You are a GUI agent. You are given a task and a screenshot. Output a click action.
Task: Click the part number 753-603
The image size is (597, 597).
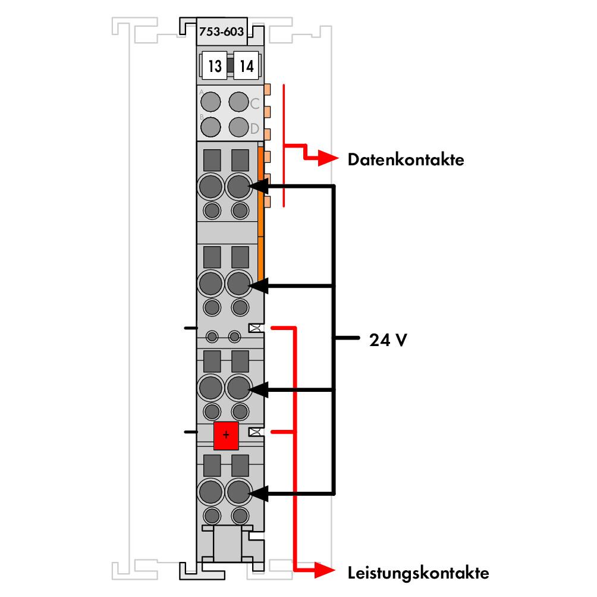click(x=221, y=32)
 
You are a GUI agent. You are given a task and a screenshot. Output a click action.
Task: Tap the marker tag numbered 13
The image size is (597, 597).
click(x=214, y=65)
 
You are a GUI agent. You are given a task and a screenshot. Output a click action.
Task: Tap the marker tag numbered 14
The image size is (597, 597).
click(x=246, y=65)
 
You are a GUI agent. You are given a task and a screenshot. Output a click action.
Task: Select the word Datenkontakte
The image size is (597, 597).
click(x=406, y=159)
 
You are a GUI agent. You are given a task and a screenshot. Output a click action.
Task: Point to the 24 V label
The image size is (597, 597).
click(x=388, y=340)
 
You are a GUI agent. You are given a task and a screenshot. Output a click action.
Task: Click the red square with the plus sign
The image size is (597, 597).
click(x=226, y=435)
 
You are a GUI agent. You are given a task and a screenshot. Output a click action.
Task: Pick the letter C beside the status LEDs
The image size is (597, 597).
click(x=254, y=103)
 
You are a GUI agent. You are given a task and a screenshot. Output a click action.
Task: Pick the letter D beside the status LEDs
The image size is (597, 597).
click(x=254, y=128)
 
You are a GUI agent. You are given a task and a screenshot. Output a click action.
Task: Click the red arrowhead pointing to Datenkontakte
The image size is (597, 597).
click(x=328, y=158)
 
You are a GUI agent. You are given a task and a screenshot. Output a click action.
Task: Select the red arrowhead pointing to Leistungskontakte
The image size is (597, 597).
click(x=325, y=570)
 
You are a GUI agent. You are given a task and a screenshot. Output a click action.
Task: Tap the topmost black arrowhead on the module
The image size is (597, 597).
click(x=258, y=187)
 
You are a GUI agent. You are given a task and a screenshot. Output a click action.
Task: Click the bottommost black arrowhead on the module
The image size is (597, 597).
click(x=258, y=494)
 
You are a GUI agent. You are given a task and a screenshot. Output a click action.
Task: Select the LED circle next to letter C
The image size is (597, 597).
click(x=238, y=102)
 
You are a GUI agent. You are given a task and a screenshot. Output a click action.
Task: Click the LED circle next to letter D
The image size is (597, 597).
click(x=238, y=127)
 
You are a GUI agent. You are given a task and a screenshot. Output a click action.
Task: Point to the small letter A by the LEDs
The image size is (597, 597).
click(x=202, y=92)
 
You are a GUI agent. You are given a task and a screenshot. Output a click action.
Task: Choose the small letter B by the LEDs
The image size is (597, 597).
click(x=202, y=117)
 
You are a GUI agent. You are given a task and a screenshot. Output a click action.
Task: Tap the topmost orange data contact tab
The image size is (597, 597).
click(x=267, y=89)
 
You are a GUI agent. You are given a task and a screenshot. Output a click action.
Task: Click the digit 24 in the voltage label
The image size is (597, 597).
click(x=379, y=340)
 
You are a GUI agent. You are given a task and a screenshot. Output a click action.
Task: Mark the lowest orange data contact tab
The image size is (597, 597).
click(x=267, y=202)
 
